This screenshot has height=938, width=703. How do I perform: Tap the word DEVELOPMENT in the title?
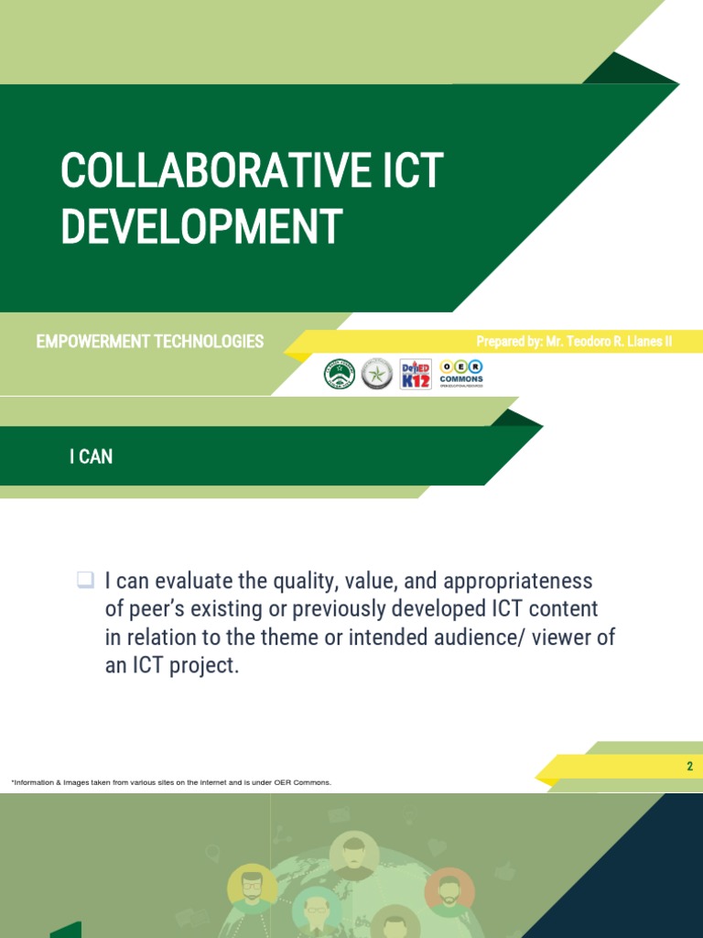(201, 226)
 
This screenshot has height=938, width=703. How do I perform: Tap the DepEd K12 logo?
(416, 374)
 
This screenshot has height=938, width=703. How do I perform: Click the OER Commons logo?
(461, 373)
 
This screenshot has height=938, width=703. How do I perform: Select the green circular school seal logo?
(340, 374)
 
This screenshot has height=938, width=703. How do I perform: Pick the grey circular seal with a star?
(377, 374)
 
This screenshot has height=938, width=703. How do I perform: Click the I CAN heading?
(91, 456)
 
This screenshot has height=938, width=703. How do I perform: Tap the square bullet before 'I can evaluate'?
(85, 579)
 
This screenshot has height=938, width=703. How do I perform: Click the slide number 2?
(690, 767)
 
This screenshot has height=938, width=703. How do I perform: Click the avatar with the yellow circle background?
(252, 887)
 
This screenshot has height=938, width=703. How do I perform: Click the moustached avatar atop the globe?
(354, 855)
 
